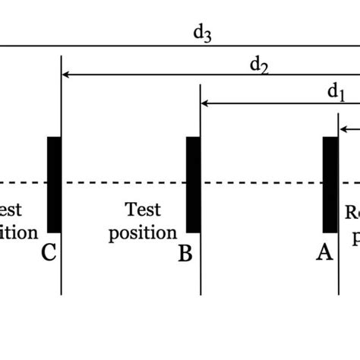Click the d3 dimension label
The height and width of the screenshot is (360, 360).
point(201,35)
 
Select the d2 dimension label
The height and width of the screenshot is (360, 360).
point(260,65)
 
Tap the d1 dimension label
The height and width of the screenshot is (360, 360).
point(336,93)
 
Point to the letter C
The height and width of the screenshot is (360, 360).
point(49,252)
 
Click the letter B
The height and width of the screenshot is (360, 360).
point(185,253)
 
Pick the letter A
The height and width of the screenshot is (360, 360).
point(324,253)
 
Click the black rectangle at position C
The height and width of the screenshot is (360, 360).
point(54,185)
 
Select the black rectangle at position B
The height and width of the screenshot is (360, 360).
point(194,185)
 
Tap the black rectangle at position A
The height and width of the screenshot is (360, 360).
point(330,185)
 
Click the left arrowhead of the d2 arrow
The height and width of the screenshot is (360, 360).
point(66,75)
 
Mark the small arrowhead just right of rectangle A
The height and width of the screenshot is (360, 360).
point(343,129)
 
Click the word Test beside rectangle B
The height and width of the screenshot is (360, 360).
point(143,209)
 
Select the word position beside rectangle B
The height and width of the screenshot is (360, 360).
point(143,232)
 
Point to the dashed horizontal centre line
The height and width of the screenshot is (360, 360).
point(122,183)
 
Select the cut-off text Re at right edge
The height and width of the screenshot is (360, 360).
point(353,213)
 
